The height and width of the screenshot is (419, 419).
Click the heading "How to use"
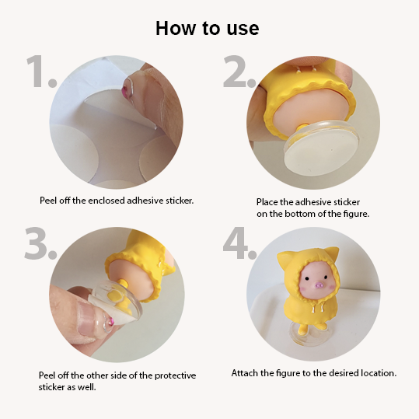pyautogui.click(x=207, y=28)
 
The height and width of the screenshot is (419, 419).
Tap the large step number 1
pyautogui.click(x=41, y=71)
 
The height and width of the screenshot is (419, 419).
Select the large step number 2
pyautogui.click(x=239, y=71)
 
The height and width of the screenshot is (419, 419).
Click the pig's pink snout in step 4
pyautogui.click(x=319, y=286)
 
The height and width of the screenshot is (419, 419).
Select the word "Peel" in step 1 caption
pyautogui.click(x=48, y=201)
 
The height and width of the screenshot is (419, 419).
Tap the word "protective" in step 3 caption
pyautogui.click(x=176, y=375)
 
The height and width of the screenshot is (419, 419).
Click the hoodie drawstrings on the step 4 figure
pyautogui.click(x=317, y=308)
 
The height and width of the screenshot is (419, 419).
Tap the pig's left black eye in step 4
pyautogui.click(x=307, y=279)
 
